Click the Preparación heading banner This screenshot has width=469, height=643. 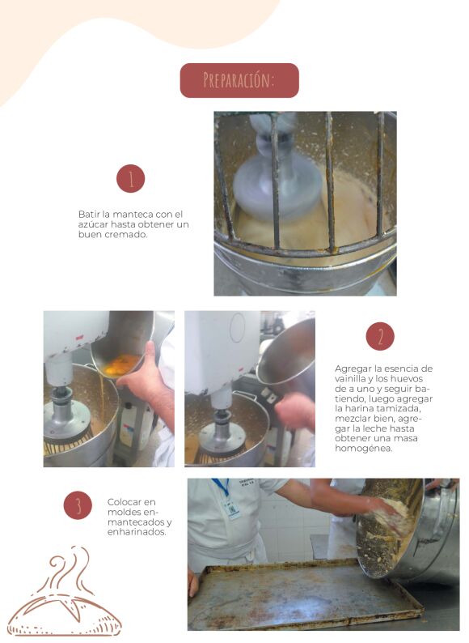[x=239, y=80]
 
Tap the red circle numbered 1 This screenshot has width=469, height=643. [x=131, y=179]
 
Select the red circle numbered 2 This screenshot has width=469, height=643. [x=380, y=336]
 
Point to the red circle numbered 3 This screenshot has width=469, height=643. [x=78, y=505]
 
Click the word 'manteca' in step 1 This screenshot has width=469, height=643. [x=133, y=214]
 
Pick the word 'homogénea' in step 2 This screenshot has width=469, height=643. [x=363, y=448]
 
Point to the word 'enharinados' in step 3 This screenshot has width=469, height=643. [x=137, y=532]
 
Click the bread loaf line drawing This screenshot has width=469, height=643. [x=65, y=615]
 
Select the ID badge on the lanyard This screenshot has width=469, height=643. [x=232, y=509]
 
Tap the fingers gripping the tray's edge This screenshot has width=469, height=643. [x=192, y=583]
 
